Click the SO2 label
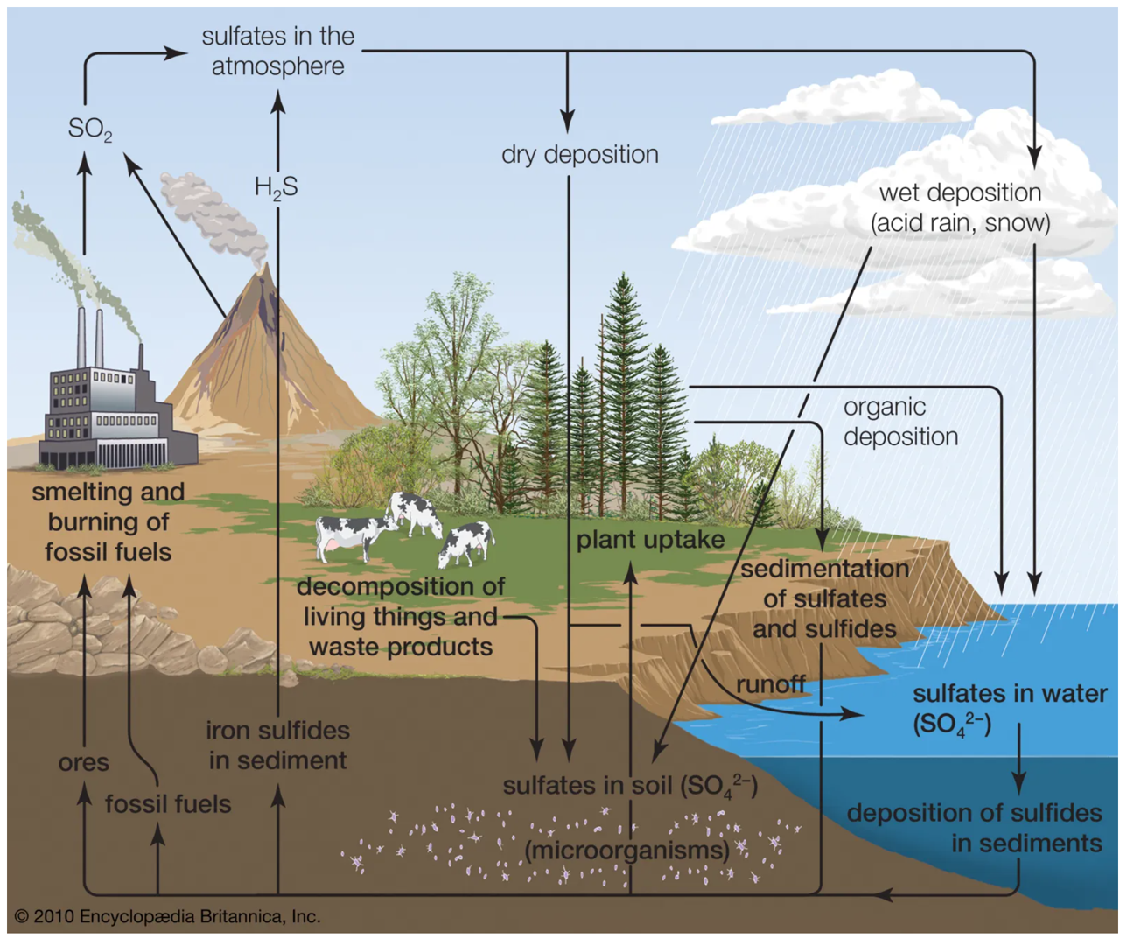coord(89,129)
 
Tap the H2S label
coord(276,186)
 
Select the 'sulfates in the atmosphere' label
coord(277,51)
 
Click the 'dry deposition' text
coord(579,154)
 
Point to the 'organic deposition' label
coord(900,422)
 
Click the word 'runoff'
coord(770,683)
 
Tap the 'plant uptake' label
coord(650,539)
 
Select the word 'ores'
coord(84,762)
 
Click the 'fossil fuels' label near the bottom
coord(168,803)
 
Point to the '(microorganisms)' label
coord(626,850)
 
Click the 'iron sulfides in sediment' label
coord(277,745)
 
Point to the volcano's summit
coord(260,271)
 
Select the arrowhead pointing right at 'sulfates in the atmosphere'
coord(176,52)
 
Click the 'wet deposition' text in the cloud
coord(960,193)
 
